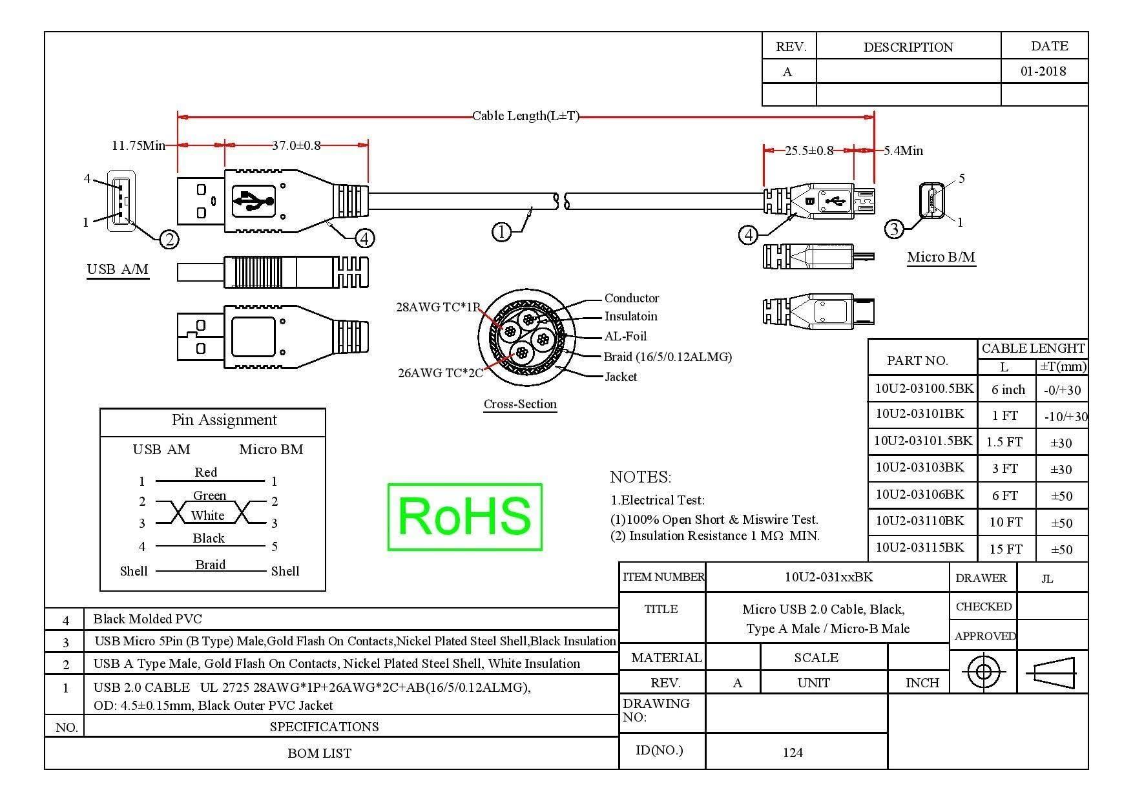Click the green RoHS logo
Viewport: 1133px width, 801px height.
464,517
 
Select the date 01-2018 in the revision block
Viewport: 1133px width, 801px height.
1043,71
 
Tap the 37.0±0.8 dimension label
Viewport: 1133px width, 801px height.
296,145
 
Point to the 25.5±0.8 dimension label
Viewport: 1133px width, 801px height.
809,151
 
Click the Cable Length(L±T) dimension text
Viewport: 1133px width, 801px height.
525,116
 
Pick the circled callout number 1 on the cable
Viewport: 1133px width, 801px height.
501,232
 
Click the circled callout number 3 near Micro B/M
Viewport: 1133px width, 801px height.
893,229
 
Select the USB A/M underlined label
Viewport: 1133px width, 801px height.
118,269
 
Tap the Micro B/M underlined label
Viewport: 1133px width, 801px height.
941,257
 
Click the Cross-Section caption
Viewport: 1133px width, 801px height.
520,404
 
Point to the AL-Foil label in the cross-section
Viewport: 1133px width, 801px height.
625,337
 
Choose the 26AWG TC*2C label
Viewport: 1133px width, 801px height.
440,373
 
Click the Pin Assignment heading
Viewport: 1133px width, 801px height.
224,421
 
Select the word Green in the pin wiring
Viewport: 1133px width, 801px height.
209,496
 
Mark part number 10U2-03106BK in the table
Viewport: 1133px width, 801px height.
919,495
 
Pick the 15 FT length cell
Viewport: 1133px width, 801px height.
1005,550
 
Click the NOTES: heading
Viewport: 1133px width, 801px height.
640,477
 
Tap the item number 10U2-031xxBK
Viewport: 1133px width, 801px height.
828,577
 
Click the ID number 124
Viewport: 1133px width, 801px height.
792,753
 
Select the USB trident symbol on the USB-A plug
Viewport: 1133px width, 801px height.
253,202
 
